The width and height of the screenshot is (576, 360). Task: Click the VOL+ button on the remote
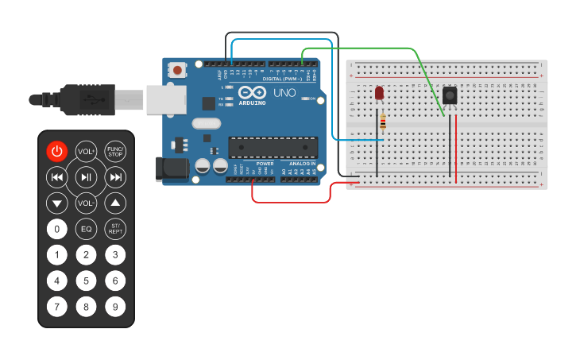(86, 151)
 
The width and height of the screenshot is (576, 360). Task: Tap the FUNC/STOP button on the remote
(115, 151)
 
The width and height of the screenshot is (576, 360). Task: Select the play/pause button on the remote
(86, 177)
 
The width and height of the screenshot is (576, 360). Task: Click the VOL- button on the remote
(86, 203)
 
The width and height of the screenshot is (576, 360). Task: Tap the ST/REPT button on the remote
(115, 230)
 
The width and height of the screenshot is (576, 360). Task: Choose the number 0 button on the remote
(56, 230)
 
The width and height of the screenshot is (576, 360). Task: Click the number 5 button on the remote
(86, 281)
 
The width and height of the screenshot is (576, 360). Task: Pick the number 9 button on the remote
(115, 306)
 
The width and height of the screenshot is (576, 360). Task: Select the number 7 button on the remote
(56, 306)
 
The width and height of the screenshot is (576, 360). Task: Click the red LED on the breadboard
(379, 94)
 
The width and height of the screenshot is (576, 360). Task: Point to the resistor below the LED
(384, 122)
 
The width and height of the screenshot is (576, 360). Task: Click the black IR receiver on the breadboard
(450, 96)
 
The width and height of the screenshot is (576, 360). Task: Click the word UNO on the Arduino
(284, 93)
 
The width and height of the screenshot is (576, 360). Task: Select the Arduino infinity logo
(252, 92)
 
